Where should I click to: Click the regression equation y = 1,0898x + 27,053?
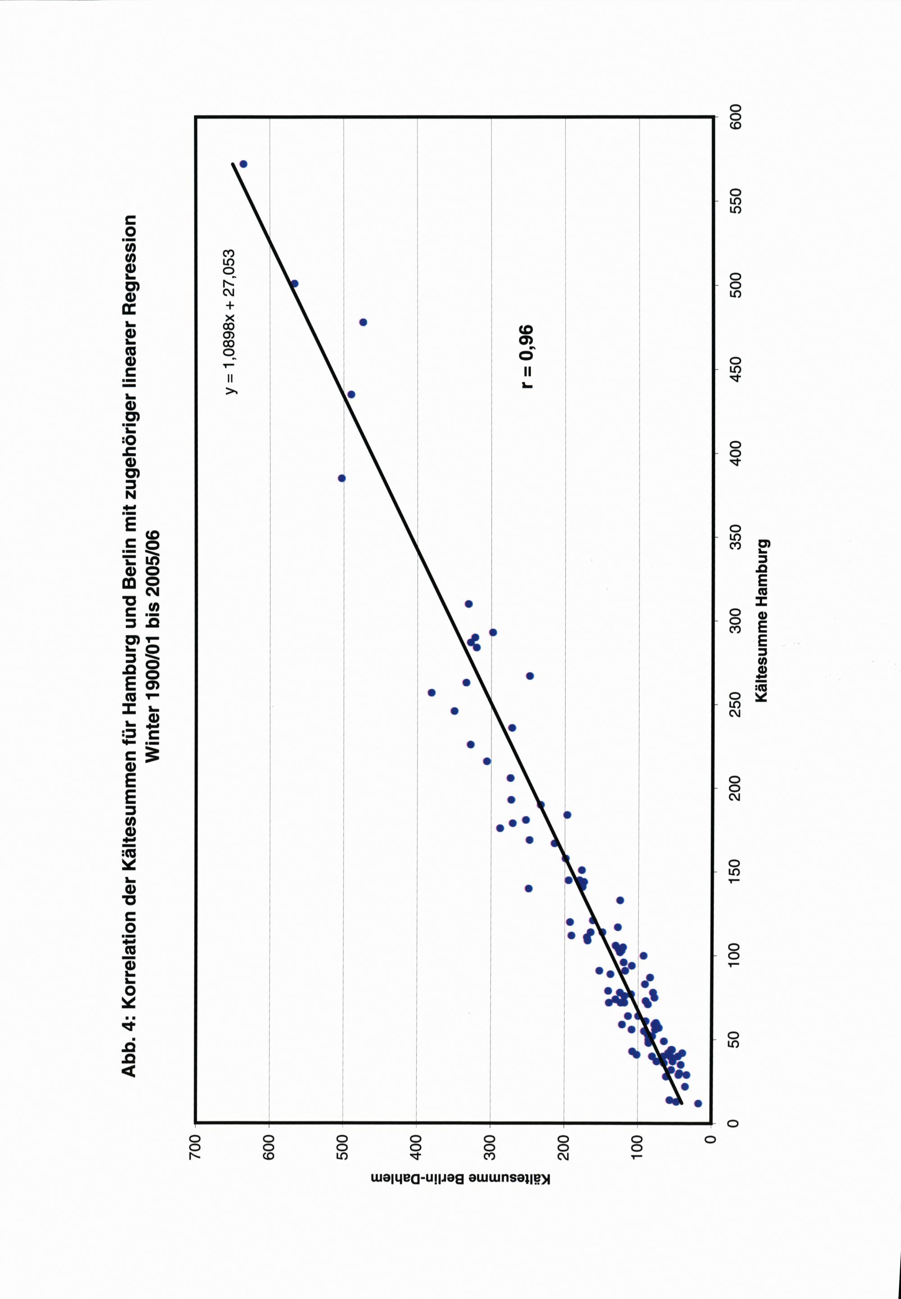tap(231, 321)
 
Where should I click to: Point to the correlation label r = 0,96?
tap(526, 357)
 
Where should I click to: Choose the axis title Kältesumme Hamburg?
tap(762, 621)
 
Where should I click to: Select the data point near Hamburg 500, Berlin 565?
tap(294, 283)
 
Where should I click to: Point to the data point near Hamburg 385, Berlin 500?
tap(341, 478)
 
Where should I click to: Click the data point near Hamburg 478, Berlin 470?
tap(363, 322)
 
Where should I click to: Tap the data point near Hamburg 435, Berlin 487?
tap(351, 394)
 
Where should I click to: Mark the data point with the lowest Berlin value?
tap(698, 1103)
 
